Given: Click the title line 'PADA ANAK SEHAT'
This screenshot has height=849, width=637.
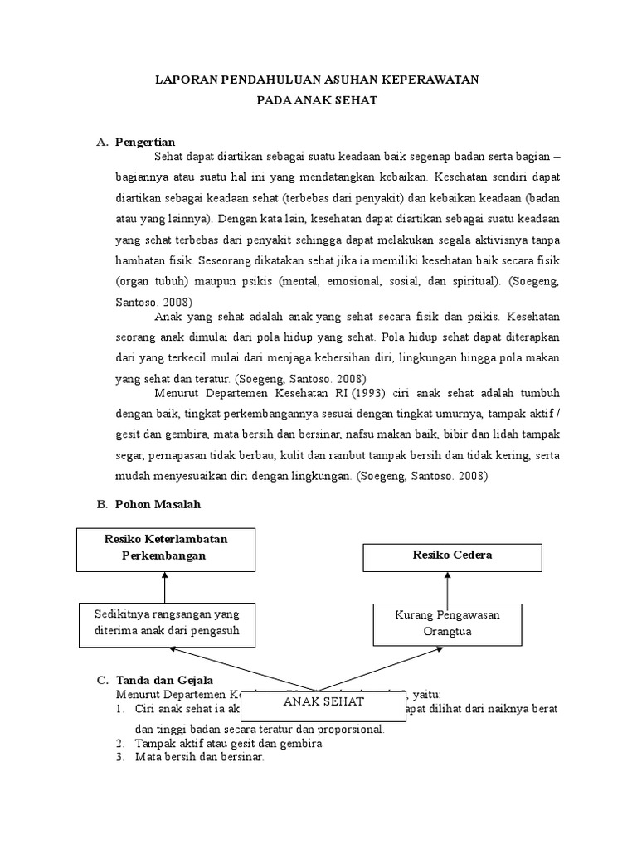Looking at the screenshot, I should [318, 99].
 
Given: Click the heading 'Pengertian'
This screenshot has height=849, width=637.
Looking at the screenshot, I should [145, 142].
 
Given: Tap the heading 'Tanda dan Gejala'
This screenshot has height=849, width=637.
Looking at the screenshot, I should [166, 681].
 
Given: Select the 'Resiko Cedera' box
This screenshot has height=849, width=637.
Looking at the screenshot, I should [452, 555].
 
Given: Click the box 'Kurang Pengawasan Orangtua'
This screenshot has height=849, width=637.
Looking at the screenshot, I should [447, 623].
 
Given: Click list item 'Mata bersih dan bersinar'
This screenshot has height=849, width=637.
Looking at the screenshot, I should [200, 757].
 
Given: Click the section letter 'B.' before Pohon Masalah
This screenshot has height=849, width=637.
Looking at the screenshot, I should [102, 503].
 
